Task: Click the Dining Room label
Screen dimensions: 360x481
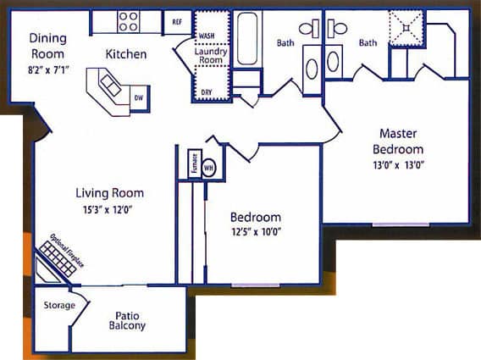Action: (x=47, y=45)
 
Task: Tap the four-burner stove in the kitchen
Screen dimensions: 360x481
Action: (x=129, y=21)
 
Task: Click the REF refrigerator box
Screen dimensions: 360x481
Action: (x=178, y=22)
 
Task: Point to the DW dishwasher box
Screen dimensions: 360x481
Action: (x=139, y=98)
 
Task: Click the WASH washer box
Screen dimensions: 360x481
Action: (x=206, y=36)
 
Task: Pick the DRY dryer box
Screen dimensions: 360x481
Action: (x=206, y=92)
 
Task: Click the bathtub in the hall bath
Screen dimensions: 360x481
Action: (x=248, y=39)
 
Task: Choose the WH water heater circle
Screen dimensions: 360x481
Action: (x=208, y=166)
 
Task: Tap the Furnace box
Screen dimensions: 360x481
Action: (x=194, y=163)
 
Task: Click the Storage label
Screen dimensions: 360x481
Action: (x=59, y=305)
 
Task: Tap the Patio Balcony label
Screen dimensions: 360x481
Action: (x=127, y=321)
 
